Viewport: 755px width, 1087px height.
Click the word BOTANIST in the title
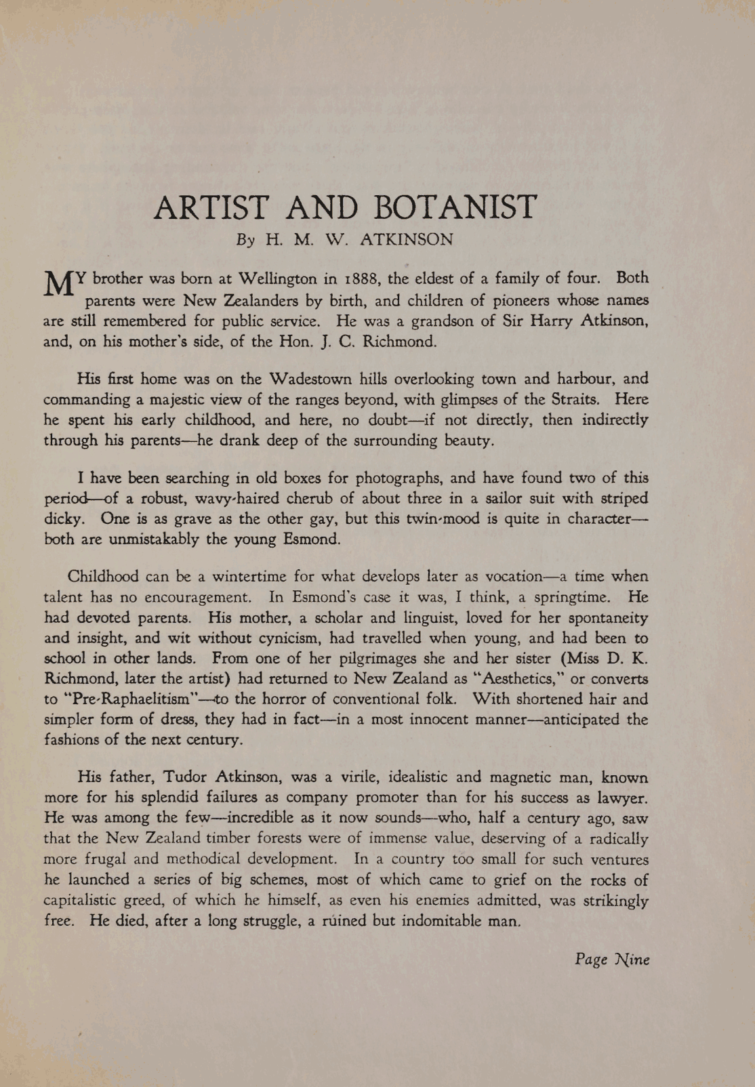[x=455, y=207]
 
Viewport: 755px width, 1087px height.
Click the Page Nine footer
[x=612, y=959]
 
